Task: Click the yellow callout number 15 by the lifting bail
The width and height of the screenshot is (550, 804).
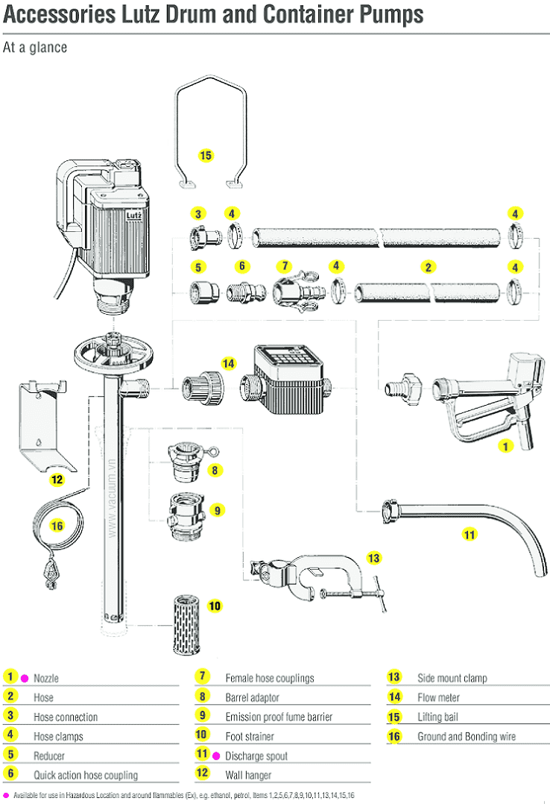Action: pos(206,155)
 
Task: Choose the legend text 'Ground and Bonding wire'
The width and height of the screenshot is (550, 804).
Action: pos(467,736)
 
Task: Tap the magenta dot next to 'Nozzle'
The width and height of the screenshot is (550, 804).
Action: pos(25,678)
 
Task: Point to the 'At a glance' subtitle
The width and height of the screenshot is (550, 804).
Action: pos(35,48)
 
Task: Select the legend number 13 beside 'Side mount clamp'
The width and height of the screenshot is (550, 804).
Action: pos(394,677)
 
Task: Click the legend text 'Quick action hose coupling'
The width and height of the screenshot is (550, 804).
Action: pos(86,775)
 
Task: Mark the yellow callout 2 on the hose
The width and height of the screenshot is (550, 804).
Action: pos(428,266)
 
